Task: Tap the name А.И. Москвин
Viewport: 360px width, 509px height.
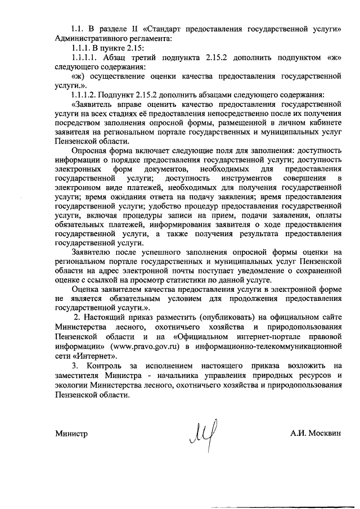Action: click(316, 434)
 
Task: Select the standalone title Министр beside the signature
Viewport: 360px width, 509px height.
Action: click(72, 434)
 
